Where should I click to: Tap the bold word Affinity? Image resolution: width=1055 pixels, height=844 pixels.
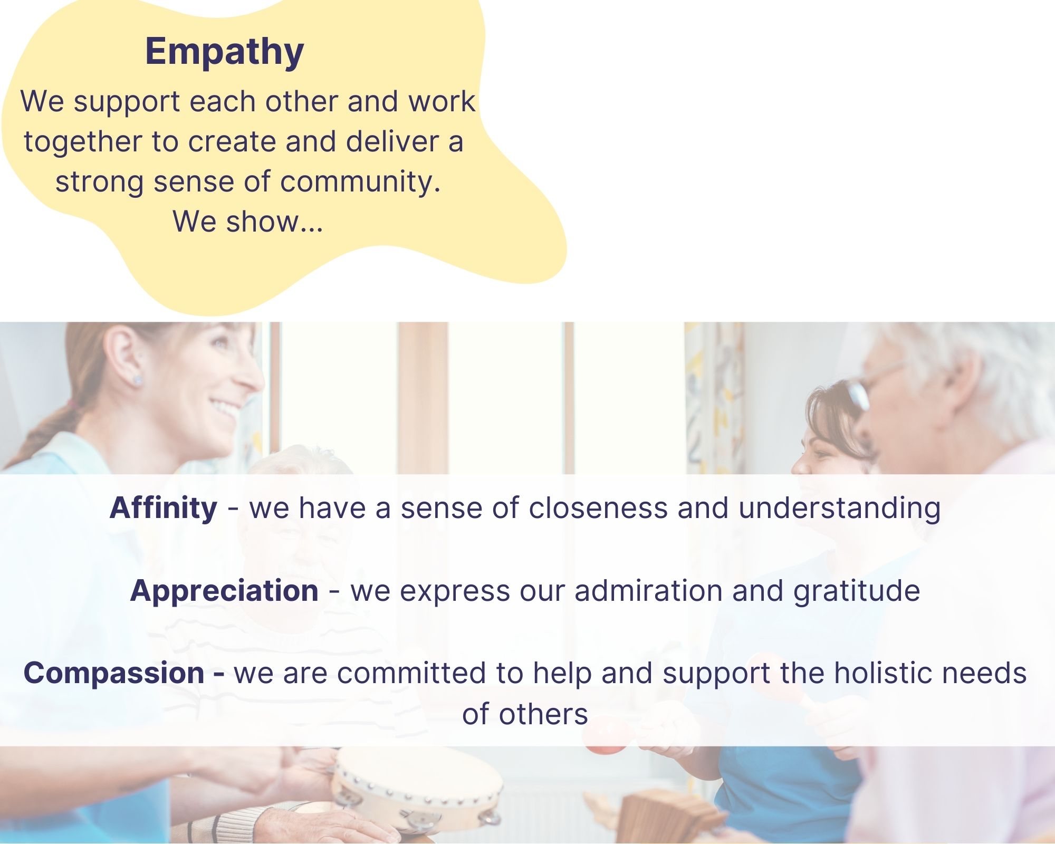(x=164, y=507)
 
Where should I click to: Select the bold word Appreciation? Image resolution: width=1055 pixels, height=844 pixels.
(x=224, y=591)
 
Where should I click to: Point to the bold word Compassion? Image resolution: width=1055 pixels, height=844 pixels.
(x=114, y=674)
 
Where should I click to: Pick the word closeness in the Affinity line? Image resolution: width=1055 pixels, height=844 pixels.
(x=598, y=507)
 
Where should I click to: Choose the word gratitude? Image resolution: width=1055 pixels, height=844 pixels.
(x=857, y=591)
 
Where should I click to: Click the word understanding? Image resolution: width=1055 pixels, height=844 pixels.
(x=839, y=508)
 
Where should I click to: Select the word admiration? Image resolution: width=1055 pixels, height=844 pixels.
(x=649, y=590)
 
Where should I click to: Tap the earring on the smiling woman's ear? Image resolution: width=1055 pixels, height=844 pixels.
(x=137, y=380)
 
